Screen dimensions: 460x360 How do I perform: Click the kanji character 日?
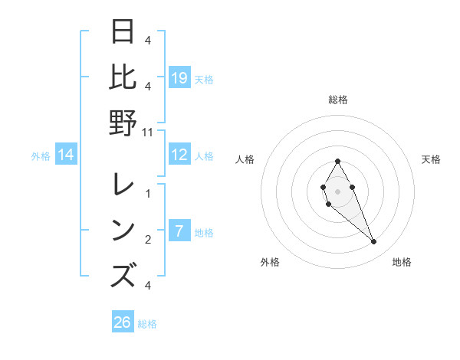tap(123, 33)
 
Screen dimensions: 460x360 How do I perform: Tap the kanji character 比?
tap(123, 77)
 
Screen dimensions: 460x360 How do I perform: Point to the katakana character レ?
tap(123, 186)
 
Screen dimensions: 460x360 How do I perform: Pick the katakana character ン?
tap(123, 231)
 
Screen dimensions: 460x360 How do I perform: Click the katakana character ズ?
tap(123, 274)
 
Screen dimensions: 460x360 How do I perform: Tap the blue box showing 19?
tap(179, 77)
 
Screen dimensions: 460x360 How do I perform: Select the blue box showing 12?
tap(179, 155)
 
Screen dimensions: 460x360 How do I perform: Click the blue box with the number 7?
tap(179, 231)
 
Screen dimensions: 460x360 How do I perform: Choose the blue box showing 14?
tap(67, 155)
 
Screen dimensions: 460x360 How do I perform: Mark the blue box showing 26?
tap(123, 322)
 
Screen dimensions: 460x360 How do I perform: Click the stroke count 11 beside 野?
tap(148, 132)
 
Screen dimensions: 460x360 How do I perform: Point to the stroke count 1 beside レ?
tap(148, 192)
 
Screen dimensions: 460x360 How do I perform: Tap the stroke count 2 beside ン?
tap(148, 240)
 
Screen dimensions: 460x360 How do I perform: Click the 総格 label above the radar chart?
tap(337, 100)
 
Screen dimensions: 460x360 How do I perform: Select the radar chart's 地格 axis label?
tap(402, 262)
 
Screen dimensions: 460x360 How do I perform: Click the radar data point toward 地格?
tap(373, 242)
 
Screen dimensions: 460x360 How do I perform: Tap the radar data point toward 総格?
tap(337, 161)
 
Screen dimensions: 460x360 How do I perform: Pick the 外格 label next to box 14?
tap(41, 156)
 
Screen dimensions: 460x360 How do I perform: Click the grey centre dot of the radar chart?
tap(337, 190)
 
